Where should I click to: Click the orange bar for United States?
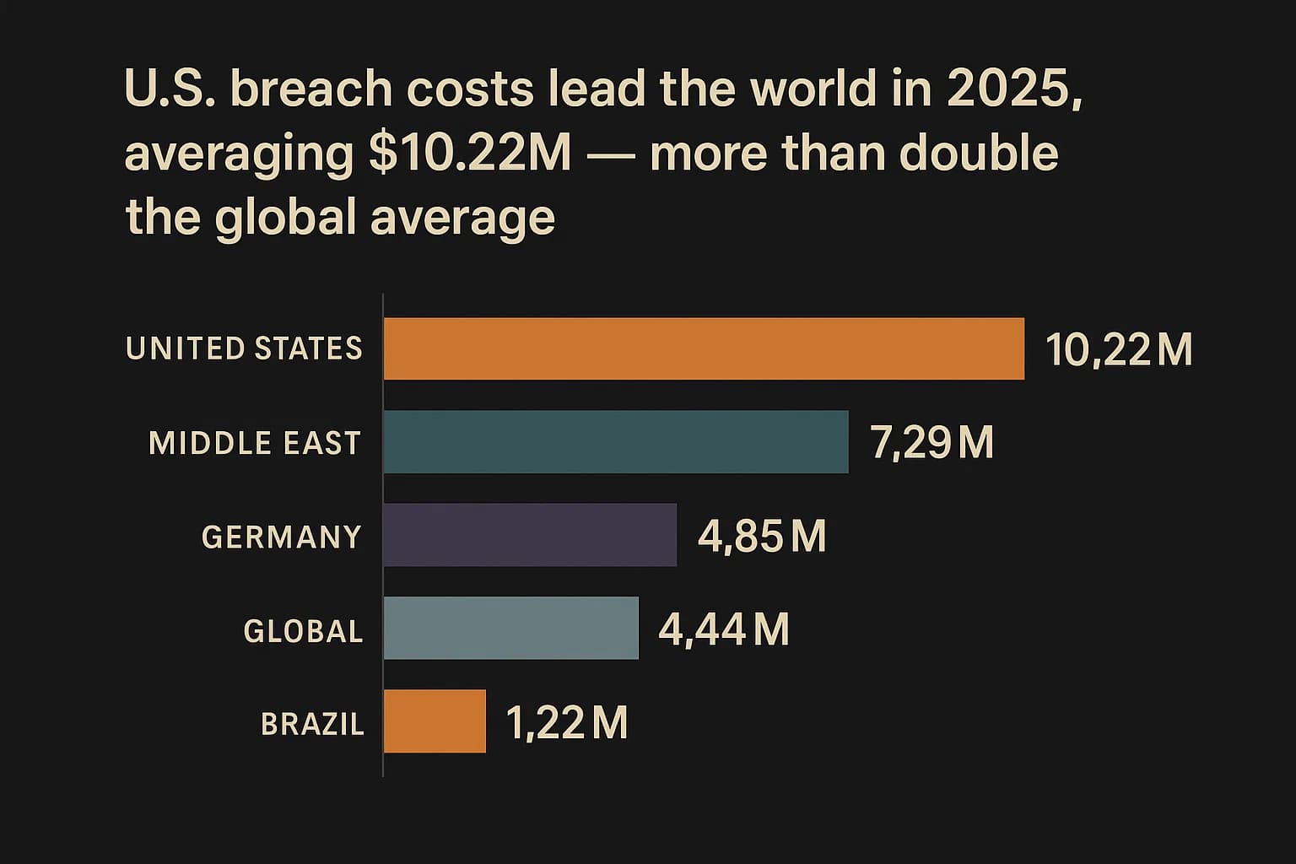704,348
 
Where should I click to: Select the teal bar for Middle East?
616,442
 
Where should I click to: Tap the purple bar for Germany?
530,535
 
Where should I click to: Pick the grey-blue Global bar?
510,628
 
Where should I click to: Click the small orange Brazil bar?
435,721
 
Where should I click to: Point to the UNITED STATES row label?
244,348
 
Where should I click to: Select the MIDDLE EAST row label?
255,443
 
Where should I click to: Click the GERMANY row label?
282,537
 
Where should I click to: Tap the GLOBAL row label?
303,630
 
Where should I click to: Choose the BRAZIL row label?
312,724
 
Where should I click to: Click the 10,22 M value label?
1119,349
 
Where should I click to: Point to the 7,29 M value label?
931,442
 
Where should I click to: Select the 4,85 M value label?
762,536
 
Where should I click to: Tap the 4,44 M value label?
724,629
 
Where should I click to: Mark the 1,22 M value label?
567,722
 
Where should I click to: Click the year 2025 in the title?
1012,89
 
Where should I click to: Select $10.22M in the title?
470,154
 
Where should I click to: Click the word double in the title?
978,154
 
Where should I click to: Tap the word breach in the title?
311,89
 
